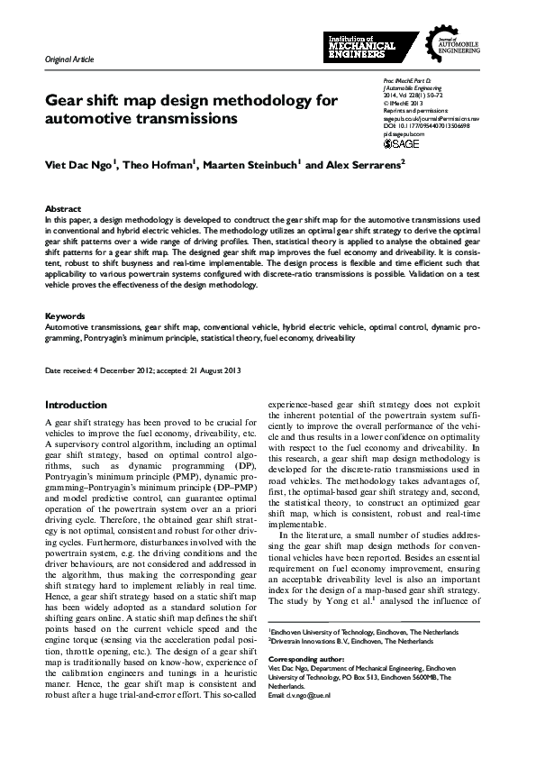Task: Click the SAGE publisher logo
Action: pos(401,143)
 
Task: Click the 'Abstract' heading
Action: pos(62,208)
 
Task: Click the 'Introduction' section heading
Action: pos(76,406)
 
